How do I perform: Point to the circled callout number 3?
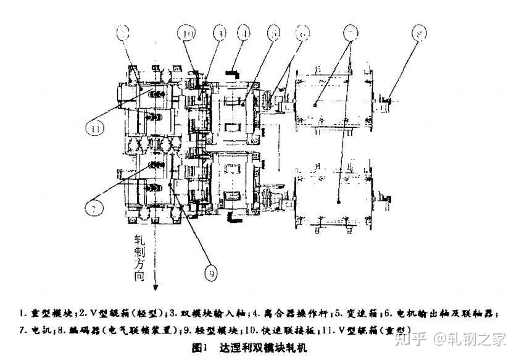tap(219, 32)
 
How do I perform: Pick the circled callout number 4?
tap(246, 32)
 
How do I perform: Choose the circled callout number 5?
tap(274, 32)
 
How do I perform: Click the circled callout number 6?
tap(303, 32)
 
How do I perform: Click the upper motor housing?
tap(333, 101)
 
